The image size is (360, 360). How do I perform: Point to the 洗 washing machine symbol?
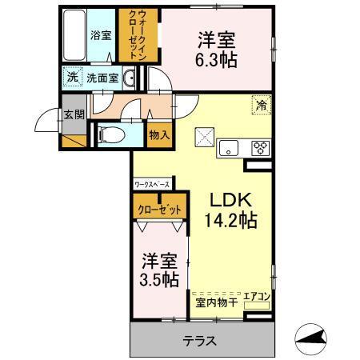(x=72, y=78)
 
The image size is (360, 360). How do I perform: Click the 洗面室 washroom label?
(x=102, y=78)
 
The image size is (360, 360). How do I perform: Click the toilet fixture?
(x=110, y=136)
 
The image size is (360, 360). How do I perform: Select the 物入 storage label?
(x=159, y=135)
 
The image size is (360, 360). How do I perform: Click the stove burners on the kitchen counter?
(x=260, y=146)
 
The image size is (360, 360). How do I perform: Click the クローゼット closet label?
(x=160, y=210)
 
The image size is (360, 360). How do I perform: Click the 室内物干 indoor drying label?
(x=215, y=302)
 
